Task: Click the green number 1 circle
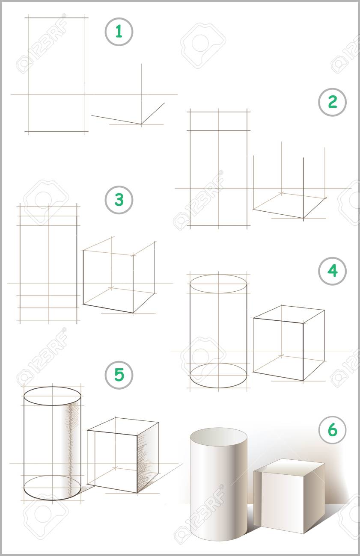coord(119,32)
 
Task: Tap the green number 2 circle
coord(332,102)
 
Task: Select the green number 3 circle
coord(119,200)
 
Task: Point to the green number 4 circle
coord(332,271)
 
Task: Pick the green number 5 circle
coord(119,375)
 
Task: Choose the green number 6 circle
coord(332,430)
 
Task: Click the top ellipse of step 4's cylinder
coord(218,275)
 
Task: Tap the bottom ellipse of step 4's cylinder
coord(218,387)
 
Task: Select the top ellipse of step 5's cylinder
coord(52,387)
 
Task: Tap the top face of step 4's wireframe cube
coord(289,314)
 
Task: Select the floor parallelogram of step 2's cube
coord(290,206)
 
